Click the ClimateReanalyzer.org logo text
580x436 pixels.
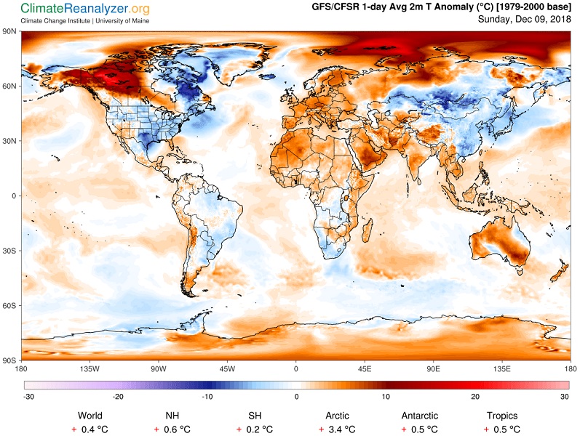point(85,9)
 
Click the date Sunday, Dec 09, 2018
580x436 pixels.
point(524,19)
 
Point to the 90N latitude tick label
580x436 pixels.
point(10,31)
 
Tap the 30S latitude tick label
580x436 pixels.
point(10,251)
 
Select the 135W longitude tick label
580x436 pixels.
point(90,368)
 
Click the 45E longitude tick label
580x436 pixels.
point(365,368)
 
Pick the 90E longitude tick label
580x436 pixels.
point(433,368)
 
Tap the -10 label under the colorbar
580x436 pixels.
point(207,397)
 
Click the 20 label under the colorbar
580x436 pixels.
point(475,397)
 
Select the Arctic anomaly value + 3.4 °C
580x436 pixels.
point(337,429)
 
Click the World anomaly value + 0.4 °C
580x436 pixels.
point(90,429)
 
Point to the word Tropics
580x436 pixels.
point(502,416)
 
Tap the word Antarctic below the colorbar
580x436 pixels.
point(419,416)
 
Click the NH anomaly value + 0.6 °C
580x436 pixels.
point(172,429)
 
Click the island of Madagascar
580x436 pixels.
point(367,230)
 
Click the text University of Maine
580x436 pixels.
point(122,21)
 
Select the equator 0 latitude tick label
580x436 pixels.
point(14,195)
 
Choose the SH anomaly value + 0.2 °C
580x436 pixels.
point(255,429)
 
